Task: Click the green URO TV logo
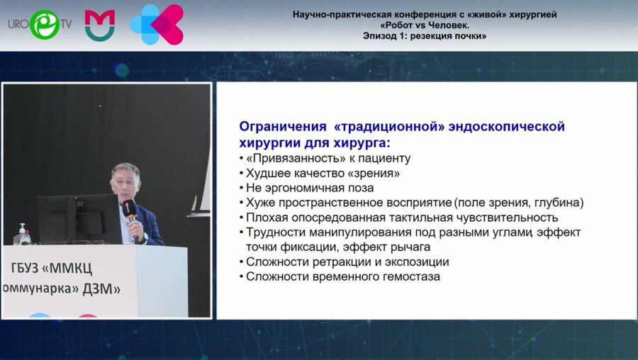40,24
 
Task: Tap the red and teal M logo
100,26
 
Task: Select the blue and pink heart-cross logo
157,24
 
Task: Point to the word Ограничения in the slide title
283,126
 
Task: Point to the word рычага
410,247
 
